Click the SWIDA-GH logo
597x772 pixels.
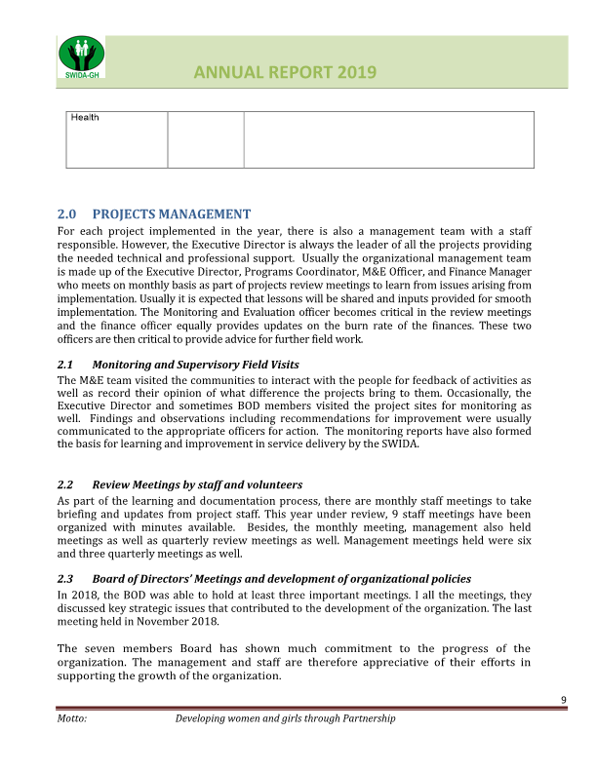point(81,58)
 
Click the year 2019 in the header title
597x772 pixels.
point(351,73)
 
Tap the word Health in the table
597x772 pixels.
point(85,118)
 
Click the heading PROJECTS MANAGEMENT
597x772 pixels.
point(171,214)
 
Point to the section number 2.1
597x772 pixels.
point(66,365)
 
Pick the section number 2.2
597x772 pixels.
point(66,484)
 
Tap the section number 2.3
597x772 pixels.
point(66,579)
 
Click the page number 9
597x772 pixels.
point(564,701)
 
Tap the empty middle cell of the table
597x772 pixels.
point(205,139)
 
